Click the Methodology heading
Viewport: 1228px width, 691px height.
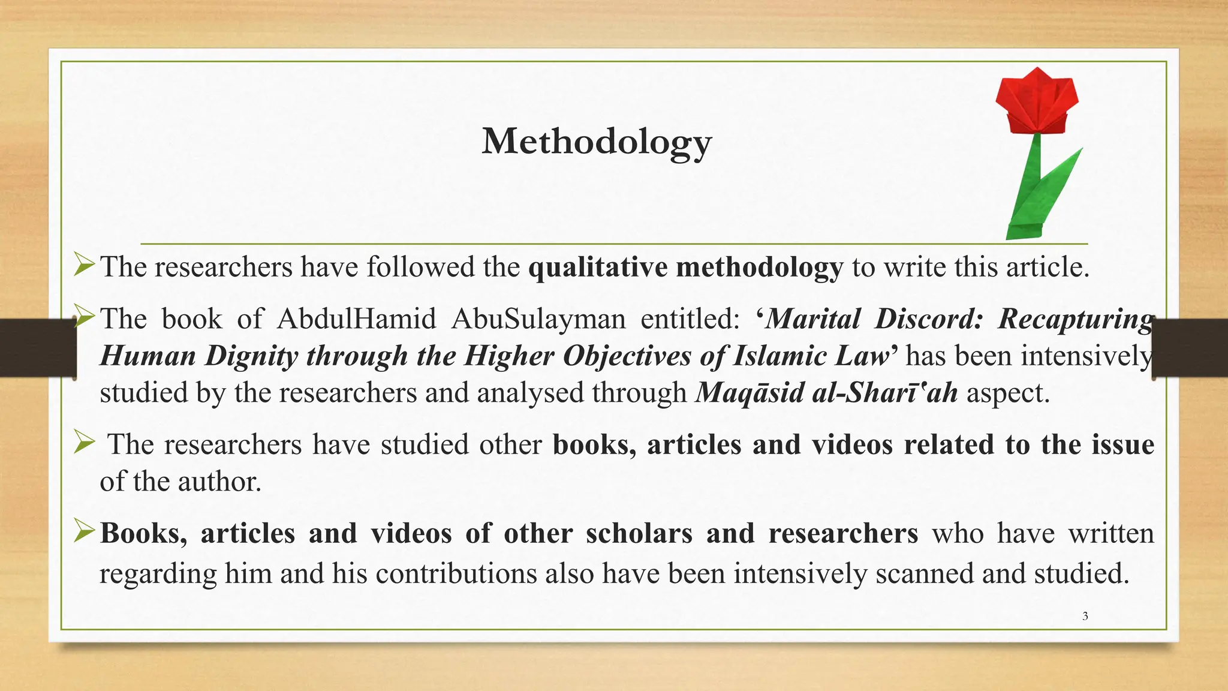coord(597,142)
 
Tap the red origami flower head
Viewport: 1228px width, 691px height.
coord(1037,102)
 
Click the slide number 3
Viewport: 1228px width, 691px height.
coord(1085,616)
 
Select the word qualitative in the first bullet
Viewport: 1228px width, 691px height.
coord(597,267)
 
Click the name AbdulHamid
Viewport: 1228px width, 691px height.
coord(356,319)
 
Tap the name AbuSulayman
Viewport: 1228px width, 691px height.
coord(538,319)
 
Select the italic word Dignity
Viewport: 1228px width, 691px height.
coord(251,356)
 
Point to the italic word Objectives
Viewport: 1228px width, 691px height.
coord(627,356)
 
